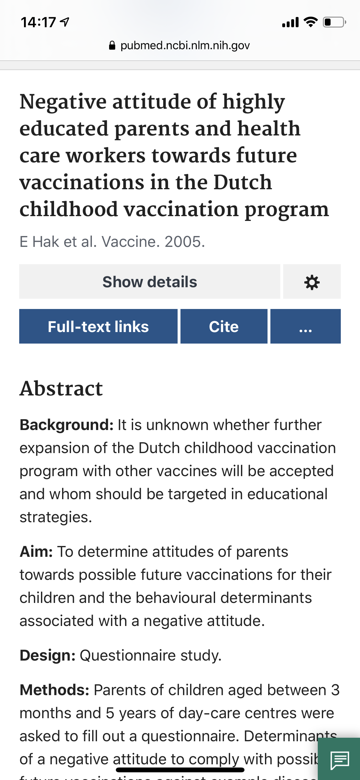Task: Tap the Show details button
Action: (149, 282)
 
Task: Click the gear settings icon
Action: (312, 282)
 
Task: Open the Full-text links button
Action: (98, 327)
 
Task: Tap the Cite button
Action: (224, 327)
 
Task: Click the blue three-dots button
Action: (305, 327)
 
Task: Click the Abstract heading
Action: (61, 389)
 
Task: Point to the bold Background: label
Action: (67, 425)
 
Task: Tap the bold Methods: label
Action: (54, 690)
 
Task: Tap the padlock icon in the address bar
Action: (112, 45)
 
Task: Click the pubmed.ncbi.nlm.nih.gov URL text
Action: (185, 45)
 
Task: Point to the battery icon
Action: (334, 22)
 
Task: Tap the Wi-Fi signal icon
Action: (310, 22)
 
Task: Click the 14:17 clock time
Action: (38, 22)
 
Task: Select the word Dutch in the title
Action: (243, 182)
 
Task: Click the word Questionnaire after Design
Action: (127, 655)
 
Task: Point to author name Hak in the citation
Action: (46, 242)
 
